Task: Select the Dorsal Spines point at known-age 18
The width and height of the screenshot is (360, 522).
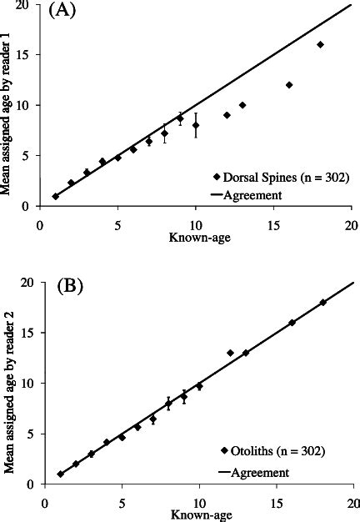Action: pos(320,44)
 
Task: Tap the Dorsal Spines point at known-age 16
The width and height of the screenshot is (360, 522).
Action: pos(289,85)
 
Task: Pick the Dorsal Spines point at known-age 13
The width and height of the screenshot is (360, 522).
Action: pos(242,105)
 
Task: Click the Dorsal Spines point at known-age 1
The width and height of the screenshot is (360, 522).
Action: pos(56,196)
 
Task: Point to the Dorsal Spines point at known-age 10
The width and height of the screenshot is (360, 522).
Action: pos(196,125)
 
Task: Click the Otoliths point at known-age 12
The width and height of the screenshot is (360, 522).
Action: pos(231,353)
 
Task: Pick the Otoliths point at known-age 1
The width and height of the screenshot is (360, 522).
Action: pos(60,474)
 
